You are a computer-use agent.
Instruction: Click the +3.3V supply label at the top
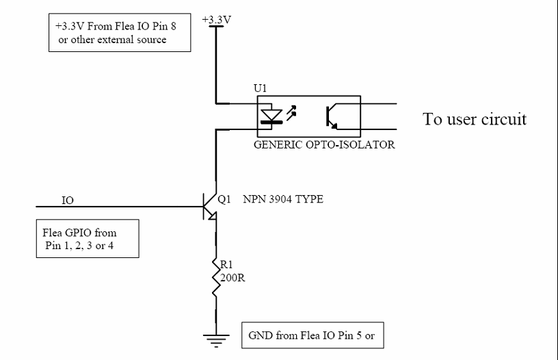pyautogui.click(x=217, y=19)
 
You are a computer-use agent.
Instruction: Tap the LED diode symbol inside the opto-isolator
pyautogui.click(x=274, y=116)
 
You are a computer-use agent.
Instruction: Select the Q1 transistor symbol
pyautogui.click(x=209, y=205)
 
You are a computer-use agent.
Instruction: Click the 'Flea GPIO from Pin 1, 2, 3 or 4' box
pyautogui.click(x=87, y=239)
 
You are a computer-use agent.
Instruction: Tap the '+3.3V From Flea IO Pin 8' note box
pyautogui.click(x=120, y=33)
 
